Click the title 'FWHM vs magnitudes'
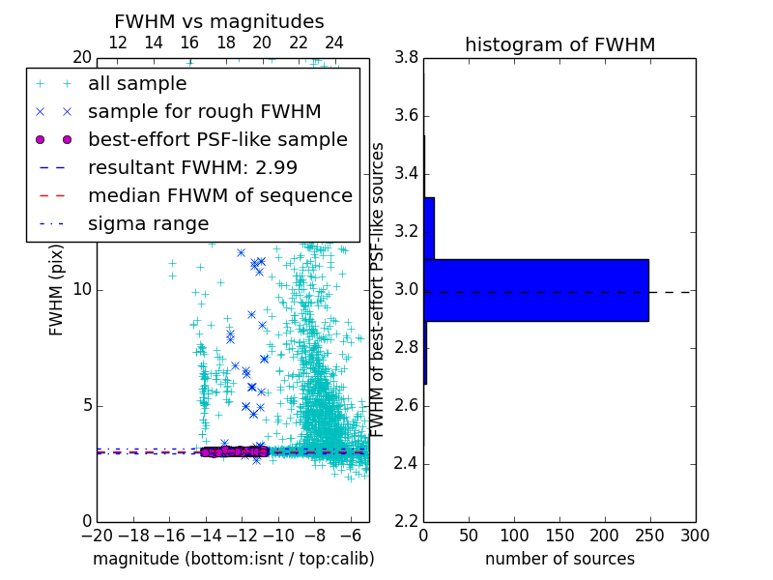click(x=219, y=21)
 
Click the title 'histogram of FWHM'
click(x=559, y=44)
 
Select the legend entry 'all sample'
click(x=137, y=83)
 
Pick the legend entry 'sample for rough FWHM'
click(x=204, y=111)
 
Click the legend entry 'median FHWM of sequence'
click(x=219, y=195)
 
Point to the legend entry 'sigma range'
click(x=148, y=223)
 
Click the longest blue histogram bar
click(x=535, y=290)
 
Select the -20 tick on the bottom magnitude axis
click(x=97, y=535)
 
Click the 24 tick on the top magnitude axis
click(x=334, y=43)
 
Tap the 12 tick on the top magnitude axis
click(x=118, y=43)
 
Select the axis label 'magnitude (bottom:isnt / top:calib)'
click(x=233, y=559)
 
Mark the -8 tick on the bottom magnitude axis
click(x=314, y=535)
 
